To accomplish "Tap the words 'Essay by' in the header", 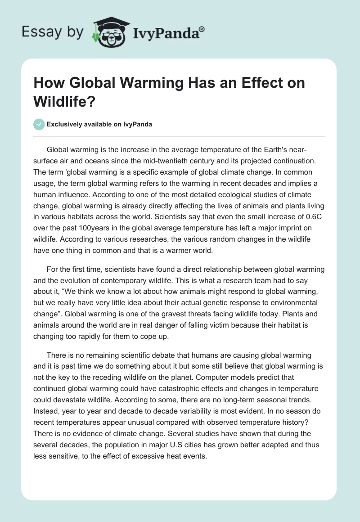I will click(x=52, y=32).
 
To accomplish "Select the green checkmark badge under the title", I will click(x=39, y=124).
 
